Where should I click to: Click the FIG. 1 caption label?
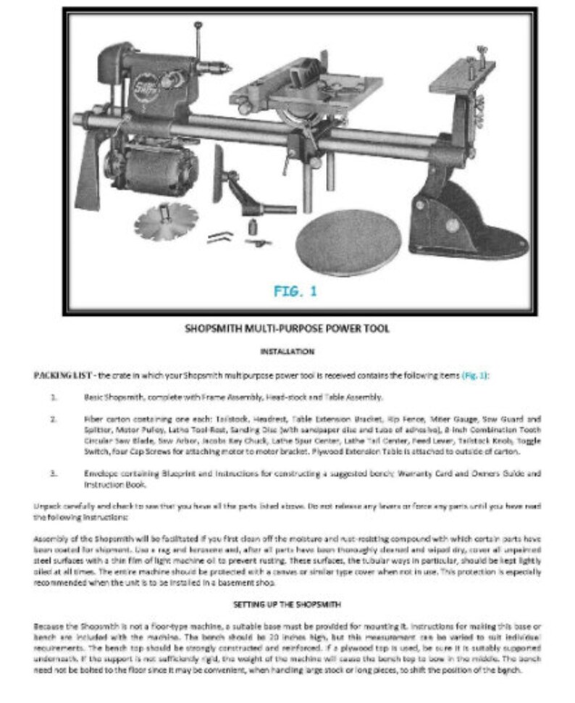[x=295, y=291]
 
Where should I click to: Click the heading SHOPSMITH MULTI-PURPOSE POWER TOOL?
[x=287, y=328]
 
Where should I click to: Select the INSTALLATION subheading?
[x=287, y=351]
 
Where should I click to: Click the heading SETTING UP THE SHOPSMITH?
[x=287, y=604]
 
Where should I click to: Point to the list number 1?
[x=54, y=397]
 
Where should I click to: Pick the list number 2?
[x=54, y=419]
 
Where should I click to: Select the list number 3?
[x=54, y=473]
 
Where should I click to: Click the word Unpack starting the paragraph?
[x=46, y=505]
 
